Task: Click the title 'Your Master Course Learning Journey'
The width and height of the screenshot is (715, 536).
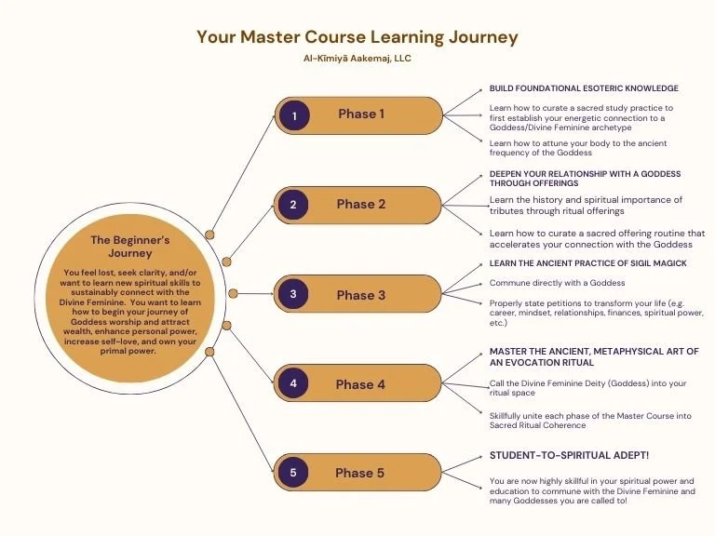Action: click(357, 37)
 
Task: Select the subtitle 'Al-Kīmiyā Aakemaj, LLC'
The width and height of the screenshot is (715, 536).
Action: click(357, 58)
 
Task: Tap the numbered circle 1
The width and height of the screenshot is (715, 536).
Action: click(294, 116)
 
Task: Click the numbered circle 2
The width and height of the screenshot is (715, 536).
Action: click(292, 205)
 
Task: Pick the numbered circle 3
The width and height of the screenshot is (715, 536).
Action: click(292, 295)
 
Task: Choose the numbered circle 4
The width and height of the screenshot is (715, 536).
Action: click(292, 382)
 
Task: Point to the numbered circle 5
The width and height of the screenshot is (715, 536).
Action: click(292, 473)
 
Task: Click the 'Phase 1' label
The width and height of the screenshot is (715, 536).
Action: click(361, 114)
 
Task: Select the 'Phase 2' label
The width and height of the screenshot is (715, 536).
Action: click(360, 205)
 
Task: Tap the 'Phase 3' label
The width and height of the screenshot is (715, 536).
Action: click(360, 295)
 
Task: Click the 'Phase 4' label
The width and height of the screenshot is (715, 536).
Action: click(360, 383)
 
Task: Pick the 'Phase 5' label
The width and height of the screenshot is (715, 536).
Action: click(360, 473)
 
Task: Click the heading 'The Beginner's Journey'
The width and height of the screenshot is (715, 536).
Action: click(129, 246)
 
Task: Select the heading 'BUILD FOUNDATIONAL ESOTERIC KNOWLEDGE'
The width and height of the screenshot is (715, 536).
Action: click(584, 88)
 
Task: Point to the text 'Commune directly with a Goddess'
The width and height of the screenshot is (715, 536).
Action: click(557, 283)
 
